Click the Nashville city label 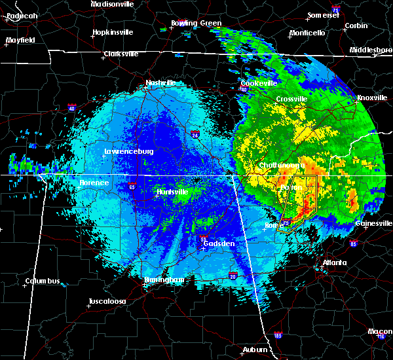click(x=160, y=83)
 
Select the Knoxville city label click(x=372, y=98)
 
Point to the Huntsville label click(x=173, y=192)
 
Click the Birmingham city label click(x=164, y=279)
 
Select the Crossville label click(x=291, y=99)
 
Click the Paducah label click(x=19, y=15)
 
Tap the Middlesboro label click(x=371, y=50)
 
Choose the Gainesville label click(x=374, y=223)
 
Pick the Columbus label click(x=43, y=281)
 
